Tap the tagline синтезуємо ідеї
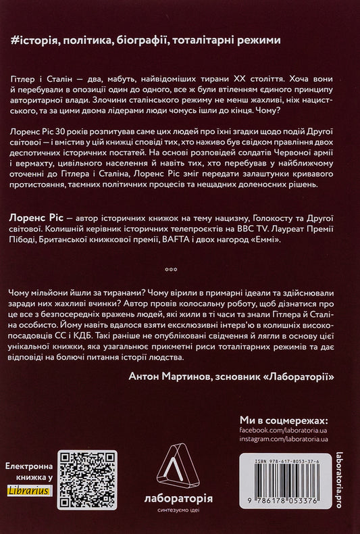pos(179,512)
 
